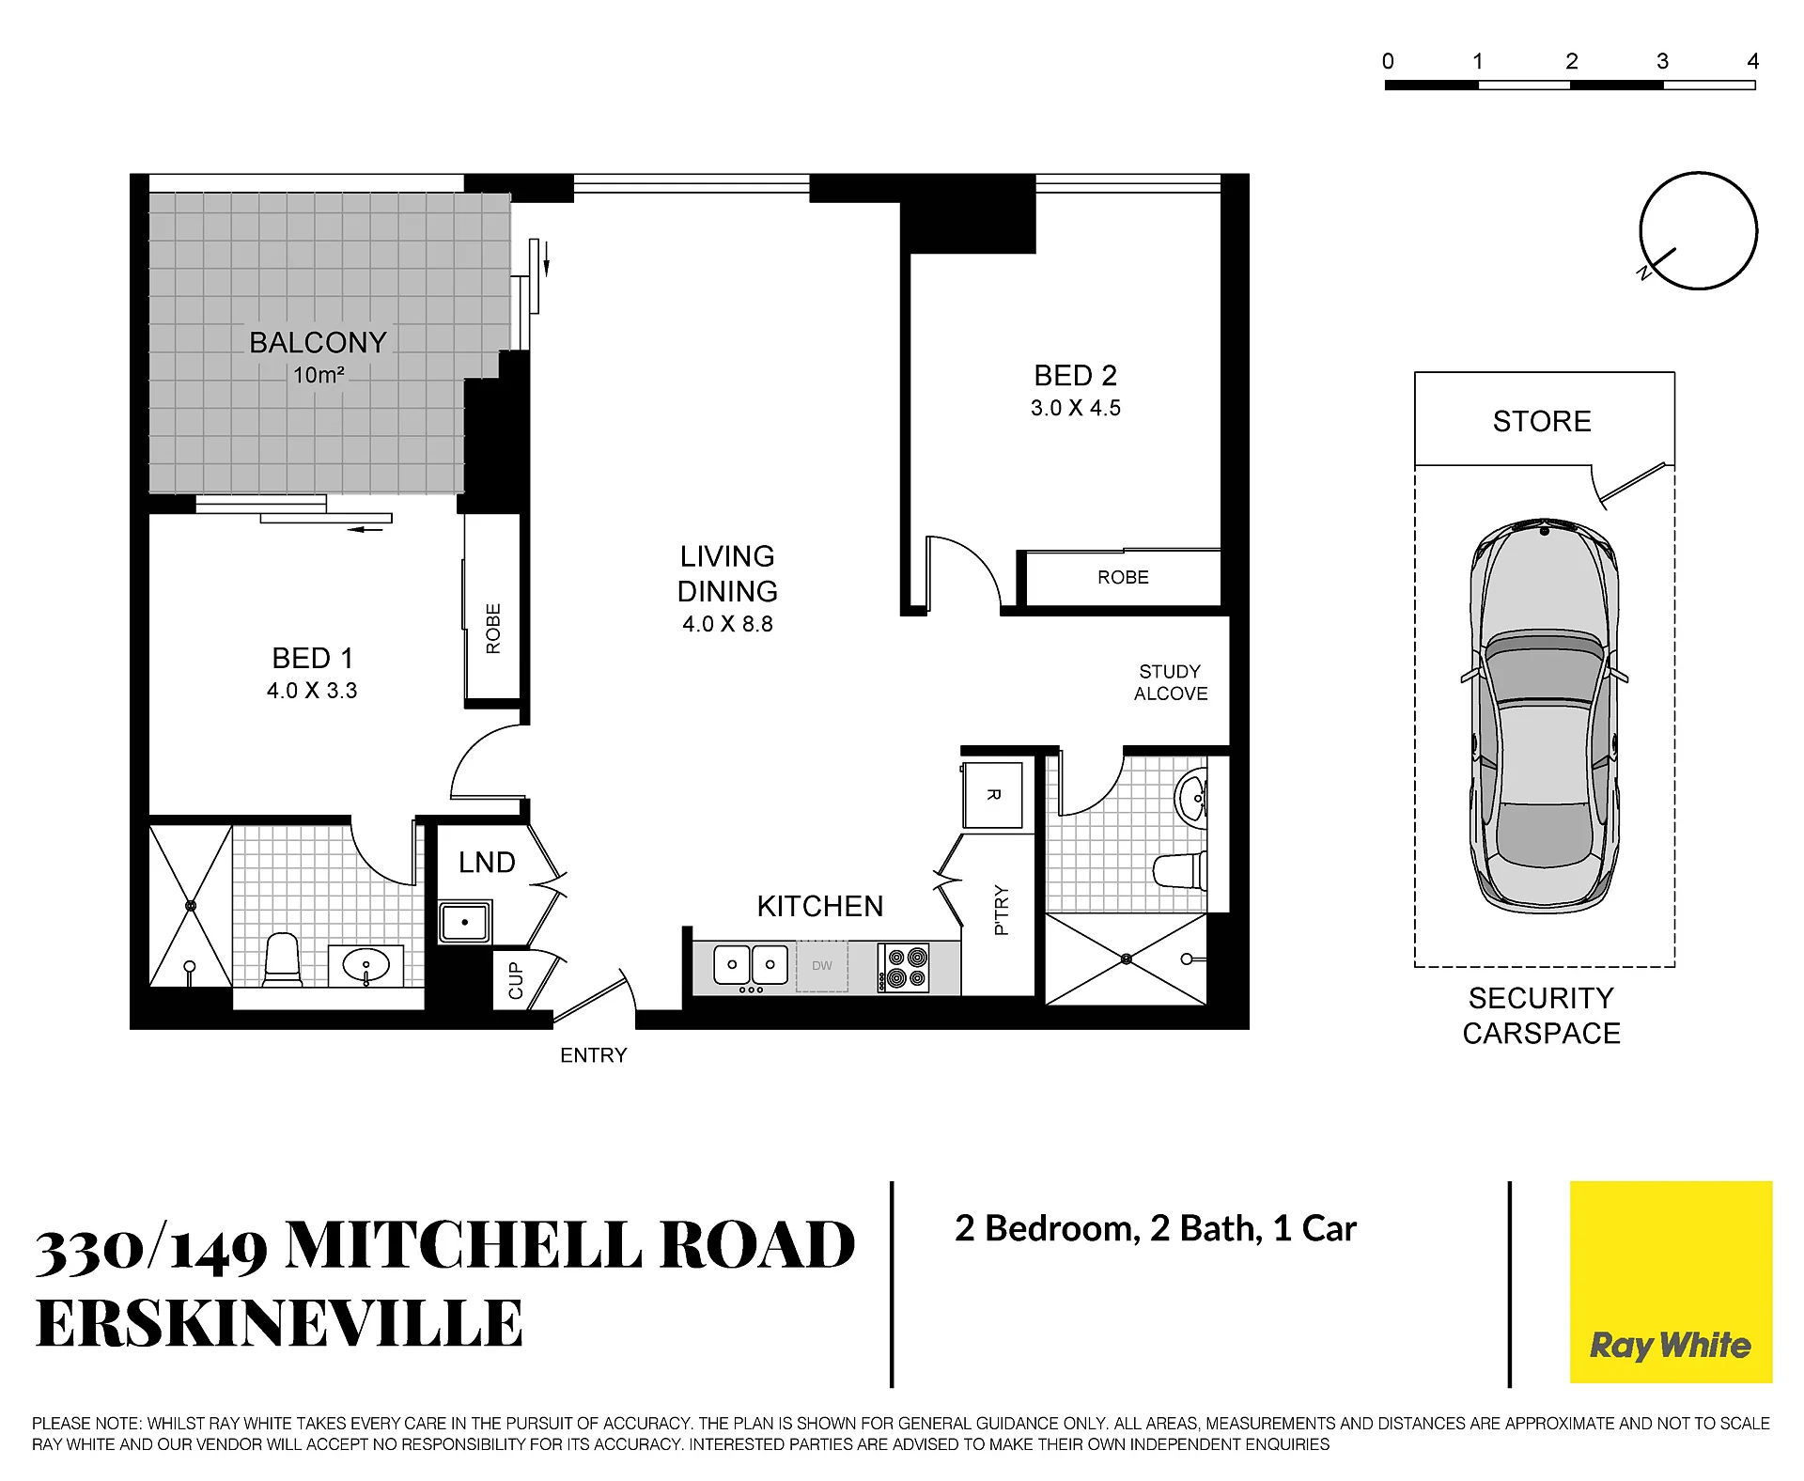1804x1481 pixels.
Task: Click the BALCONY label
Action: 318,342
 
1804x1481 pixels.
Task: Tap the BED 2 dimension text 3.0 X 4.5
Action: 1075,408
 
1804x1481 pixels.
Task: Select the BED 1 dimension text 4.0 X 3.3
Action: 312,691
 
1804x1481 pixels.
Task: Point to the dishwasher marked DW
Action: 822,966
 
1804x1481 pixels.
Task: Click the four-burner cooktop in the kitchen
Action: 904,968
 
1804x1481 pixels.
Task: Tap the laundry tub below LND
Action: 465,922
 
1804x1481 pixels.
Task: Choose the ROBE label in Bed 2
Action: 1123,577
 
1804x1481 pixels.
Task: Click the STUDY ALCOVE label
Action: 1171,682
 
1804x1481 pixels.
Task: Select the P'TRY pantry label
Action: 1001,910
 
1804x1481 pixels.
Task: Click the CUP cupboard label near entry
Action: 515,980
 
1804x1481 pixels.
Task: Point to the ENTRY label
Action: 593,1055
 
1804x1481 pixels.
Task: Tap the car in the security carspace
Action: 1544,715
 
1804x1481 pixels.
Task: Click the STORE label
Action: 1542,421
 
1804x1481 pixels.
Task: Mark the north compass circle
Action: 1699,173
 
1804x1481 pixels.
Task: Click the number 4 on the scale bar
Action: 1752,62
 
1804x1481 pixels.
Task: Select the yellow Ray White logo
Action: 1671,1282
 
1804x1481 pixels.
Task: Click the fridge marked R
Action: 992,795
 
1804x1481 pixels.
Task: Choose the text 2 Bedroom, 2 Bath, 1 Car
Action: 1156,1228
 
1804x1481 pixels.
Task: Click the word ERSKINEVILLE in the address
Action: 279,1323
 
